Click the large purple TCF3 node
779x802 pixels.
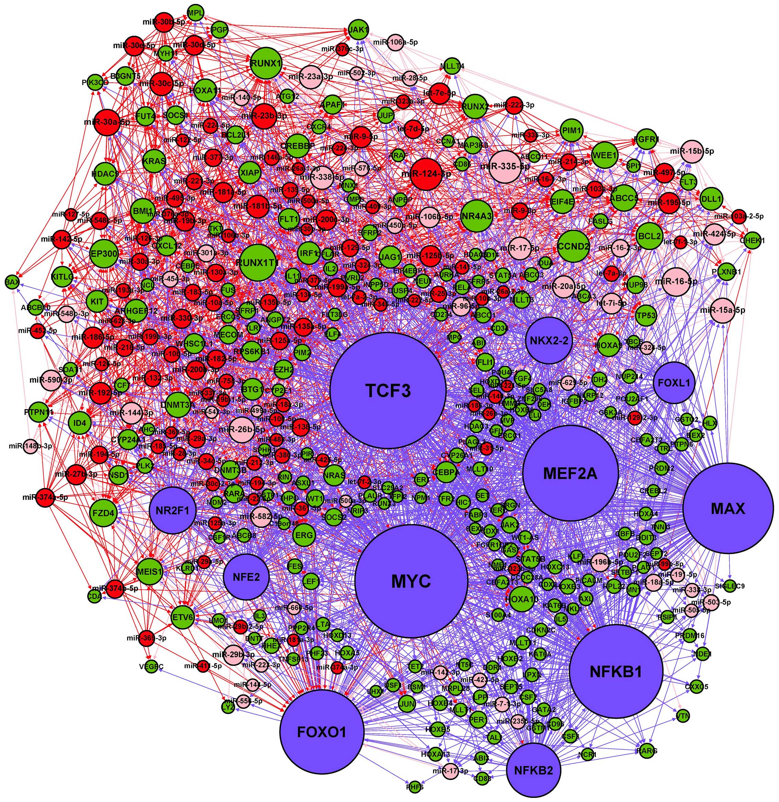point(387,390)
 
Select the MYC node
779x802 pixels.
point(411,581)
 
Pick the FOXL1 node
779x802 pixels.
point(674,383)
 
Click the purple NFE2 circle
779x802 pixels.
point(246,577)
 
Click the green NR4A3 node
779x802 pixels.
point(476,216)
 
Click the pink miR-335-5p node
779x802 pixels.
point(505,167)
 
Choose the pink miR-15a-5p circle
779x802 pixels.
point(722,310)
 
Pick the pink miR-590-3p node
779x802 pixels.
point(51,380)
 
